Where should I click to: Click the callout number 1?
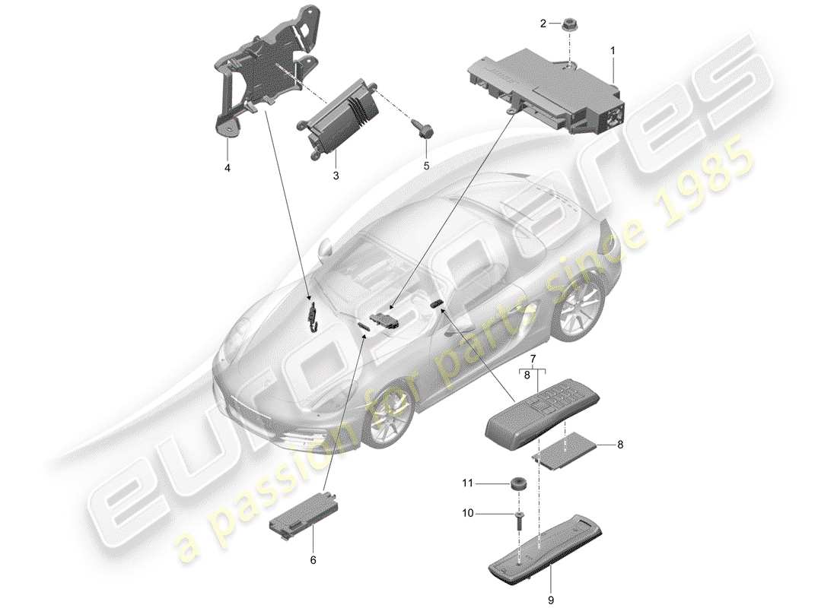point(614,50)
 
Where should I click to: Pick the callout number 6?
point(310,560)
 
